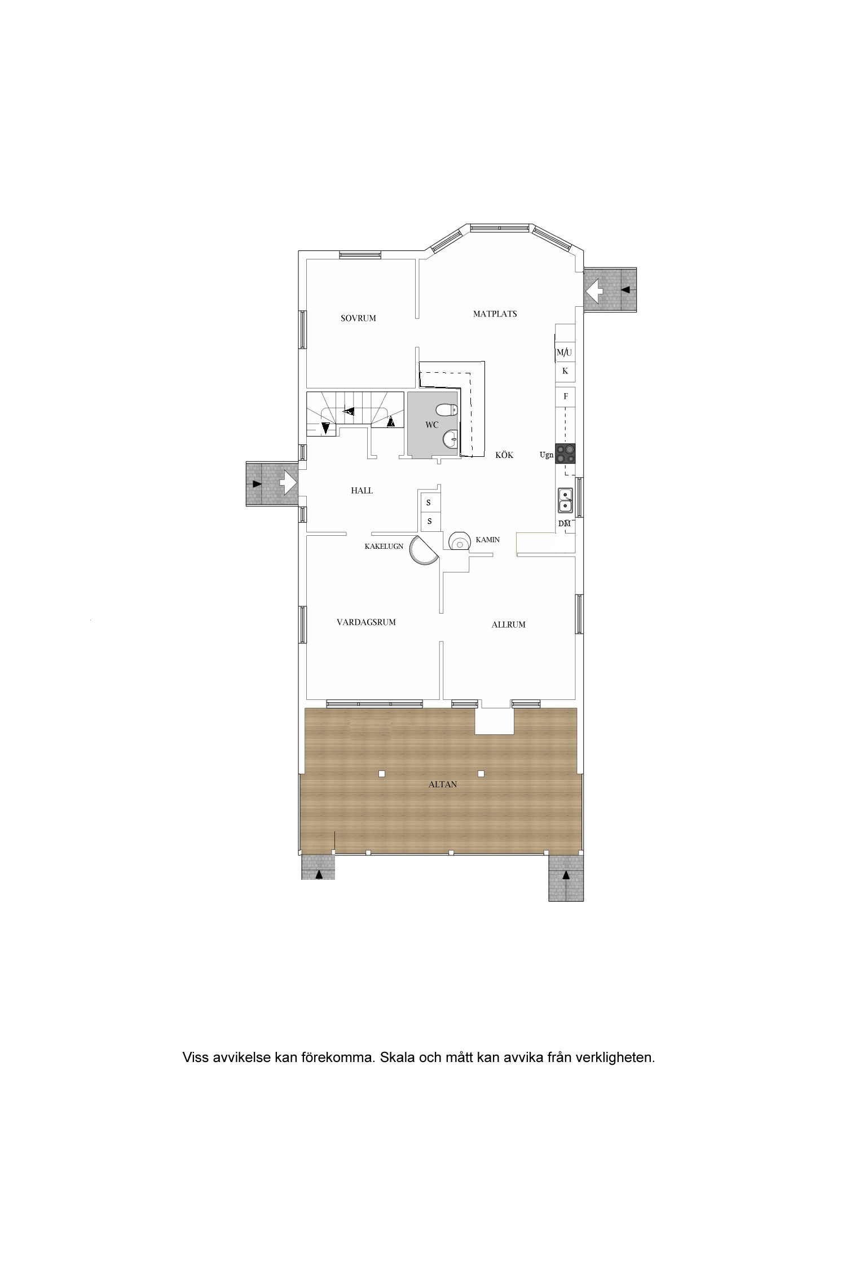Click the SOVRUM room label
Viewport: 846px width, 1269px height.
(358, 318)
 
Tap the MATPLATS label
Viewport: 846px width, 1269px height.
(495, 314)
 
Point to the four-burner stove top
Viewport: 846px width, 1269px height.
(565, 453)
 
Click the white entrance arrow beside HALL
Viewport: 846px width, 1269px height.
(288, 483)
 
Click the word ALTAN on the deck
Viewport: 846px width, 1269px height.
(443, 784)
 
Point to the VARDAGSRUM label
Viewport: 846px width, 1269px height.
(366, 622)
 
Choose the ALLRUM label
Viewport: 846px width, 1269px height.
(508, 624)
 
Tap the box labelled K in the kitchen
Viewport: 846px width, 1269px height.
(565, 372)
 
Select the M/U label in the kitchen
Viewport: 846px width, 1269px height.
(564, 352)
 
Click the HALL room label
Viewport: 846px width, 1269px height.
(362, 491)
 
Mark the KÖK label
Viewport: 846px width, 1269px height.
(504, 455)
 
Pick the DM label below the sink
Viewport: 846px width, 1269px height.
(565, 523)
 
